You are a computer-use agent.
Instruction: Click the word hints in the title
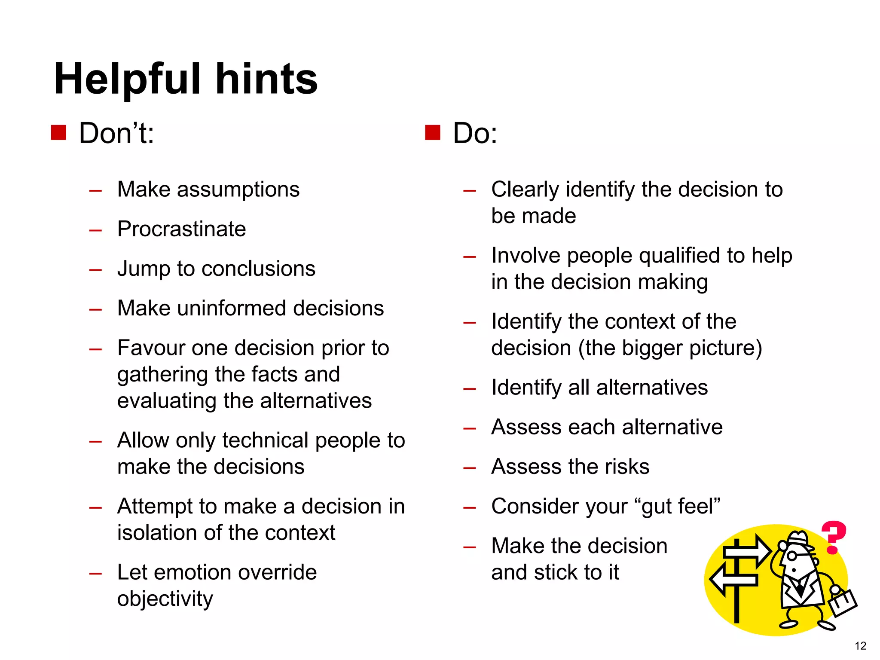(266, 79)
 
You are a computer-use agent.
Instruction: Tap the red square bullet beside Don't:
(58, 133)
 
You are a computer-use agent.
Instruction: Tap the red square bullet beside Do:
(433, 133)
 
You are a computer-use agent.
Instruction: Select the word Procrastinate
(181, 229)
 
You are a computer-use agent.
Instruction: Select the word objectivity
(165, 599)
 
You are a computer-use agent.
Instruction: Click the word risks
(627, 467)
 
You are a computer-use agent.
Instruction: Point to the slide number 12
(860, 646)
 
